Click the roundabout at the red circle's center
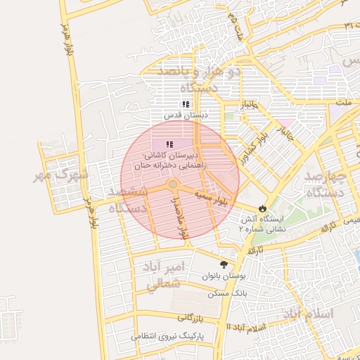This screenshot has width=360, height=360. [x=172, y=184]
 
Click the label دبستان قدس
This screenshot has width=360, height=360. [x=179, y=115]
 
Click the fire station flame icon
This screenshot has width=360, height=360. [x=262, y=209]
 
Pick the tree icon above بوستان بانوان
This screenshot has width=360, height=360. [x=224, y=264]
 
